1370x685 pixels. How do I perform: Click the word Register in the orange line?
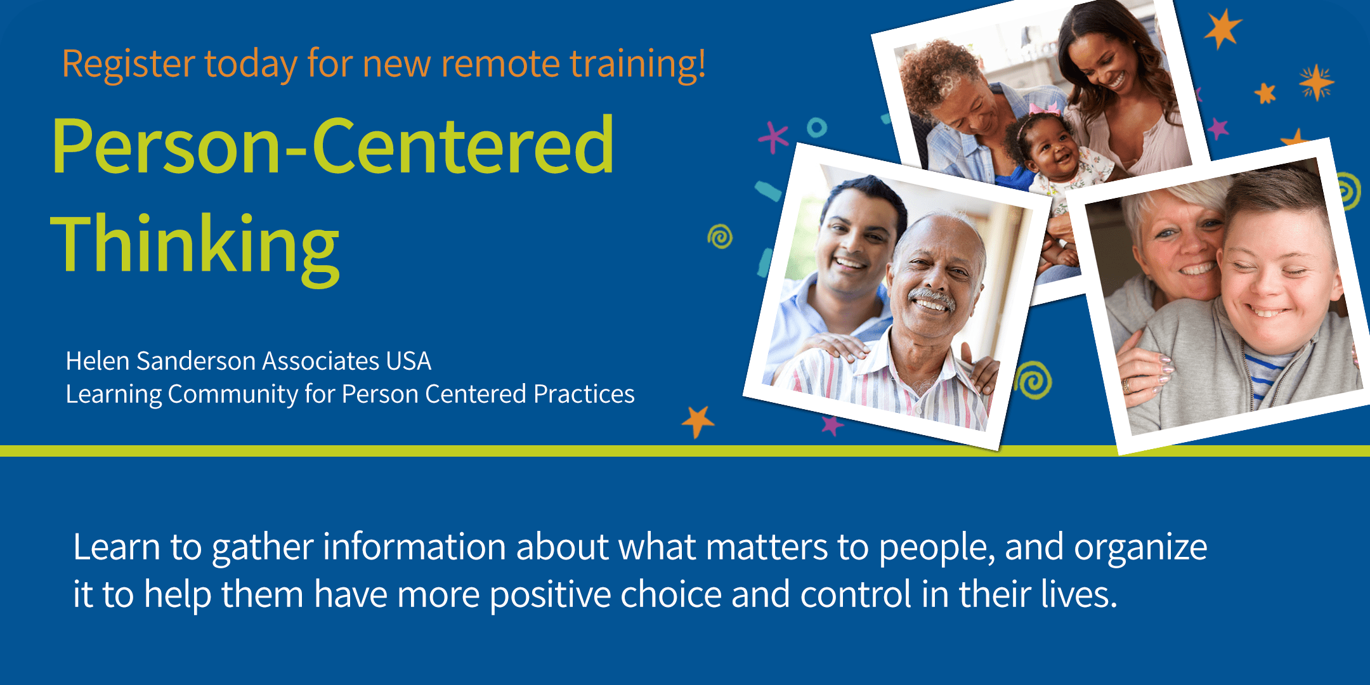129,64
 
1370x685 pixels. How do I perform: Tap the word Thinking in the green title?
195,247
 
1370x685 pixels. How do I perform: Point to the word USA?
408,361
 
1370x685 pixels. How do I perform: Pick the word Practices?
584,393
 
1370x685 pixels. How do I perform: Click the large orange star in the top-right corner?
1222,29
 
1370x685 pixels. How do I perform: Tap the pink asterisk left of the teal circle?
774,136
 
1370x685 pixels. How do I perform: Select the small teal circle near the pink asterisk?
817,127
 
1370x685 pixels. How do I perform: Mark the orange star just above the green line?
698,421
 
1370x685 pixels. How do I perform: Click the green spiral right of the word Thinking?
720,237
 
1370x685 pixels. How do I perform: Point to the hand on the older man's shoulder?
836,346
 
